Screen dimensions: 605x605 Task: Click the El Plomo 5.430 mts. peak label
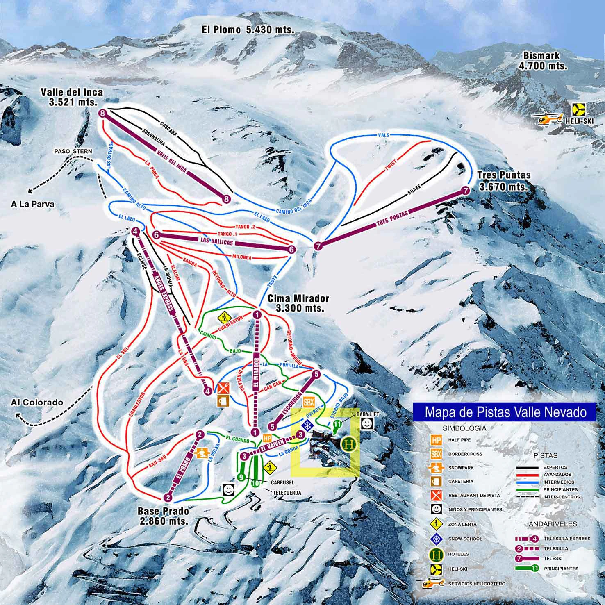[x=248, y=30]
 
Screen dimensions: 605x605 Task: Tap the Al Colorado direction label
[x=37, y=402]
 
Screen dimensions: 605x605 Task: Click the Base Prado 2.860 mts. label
[x=164, y=516]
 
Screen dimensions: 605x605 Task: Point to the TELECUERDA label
[x=287, y=492]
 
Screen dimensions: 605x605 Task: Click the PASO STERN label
[x=73, y=151]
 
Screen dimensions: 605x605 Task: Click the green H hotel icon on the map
[x=349, y=444]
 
